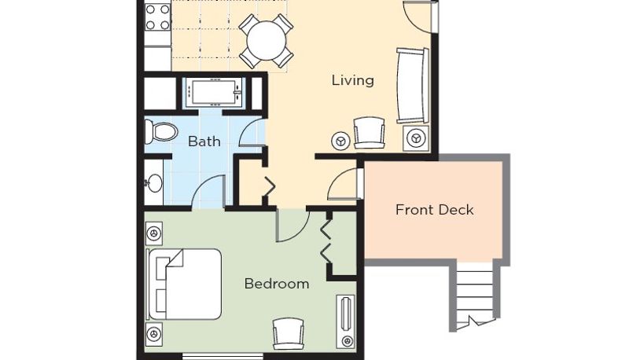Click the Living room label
(x=353, y=81)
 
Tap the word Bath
(x=204, y=141)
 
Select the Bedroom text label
(x=277, y=284)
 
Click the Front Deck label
(x=435, y=210)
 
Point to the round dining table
(x=267, y=41)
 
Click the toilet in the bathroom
(x=161, y=131)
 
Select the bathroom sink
(x=153, y=183)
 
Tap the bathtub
(x=214, y=93)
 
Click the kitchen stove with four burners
(x=158, y=17)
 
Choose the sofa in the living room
(x=412, y=86)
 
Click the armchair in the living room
(x=369, y=133)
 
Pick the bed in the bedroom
(x=185, y=285)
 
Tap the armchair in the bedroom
(x=288, y=333)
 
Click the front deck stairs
(x=475, y=295)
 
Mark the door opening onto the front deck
(x=345, y=184)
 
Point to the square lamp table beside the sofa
(x=416, y=138)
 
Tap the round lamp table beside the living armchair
(x=340, y=141)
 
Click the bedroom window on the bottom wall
(x=223, y=355)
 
